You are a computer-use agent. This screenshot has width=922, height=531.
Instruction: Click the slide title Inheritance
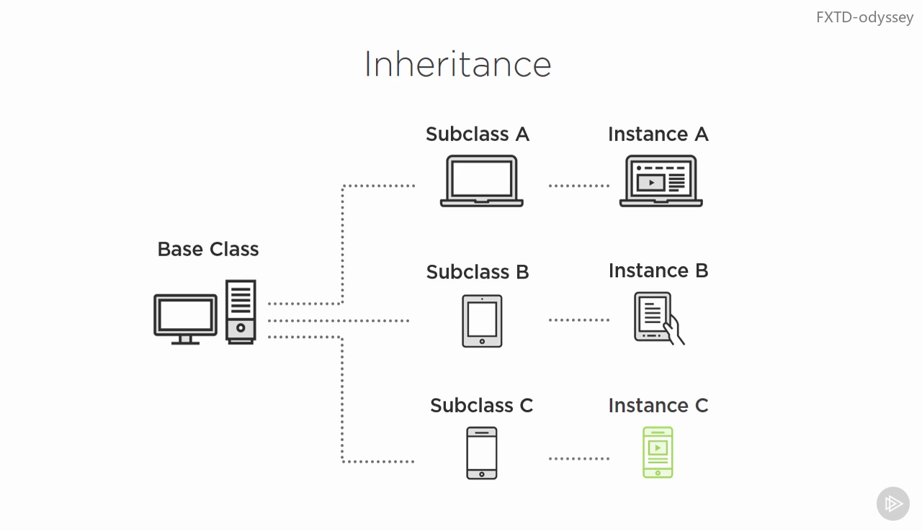(x=457, y=64)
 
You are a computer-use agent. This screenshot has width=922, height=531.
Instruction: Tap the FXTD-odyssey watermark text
(x=864, y=17)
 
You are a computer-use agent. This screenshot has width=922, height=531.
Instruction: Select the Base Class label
(x=207, y=249)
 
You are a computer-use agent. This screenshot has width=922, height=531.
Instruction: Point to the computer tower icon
(x=241, y=312)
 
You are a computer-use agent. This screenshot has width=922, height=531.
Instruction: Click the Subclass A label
(x=477, y=135)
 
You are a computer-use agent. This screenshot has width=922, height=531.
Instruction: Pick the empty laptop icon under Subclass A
(x=481, y=181)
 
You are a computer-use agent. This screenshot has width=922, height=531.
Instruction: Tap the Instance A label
(x=658, y=135)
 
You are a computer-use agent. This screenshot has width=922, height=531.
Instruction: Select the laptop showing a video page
(x=661, y=181)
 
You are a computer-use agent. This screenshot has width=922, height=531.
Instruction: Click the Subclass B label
(x=477, y=272)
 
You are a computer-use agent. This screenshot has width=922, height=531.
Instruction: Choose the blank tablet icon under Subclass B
(x=482, y=321)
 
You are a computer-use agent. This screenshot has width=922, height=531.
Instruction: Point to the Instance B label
(x=658, y=271)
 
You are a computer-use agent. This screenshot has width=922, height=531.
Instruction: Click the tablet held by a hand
(x=657, y=317)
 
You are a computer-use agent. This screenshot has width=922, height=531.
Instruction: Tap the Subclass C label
(x=481, y=406)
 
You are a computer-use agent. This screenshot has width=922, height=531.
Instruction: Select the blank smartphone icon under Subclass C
(x=481, y=453)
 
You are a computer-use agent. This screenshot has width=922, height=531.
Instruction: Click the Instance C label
(x=658, y=406)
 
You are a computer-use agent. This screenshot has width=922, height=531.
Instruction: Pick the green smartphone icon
(x=658, y=453)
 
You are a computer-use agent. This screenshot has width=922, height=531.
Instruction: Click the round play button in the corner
(x=892, y=504)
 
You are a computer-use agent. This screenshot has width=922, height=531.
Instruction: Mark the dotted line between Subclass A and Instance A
(x=578, y=186)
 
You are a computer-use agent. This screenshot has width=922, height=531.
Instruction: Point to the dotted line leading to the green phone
(x=578, y=458)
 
